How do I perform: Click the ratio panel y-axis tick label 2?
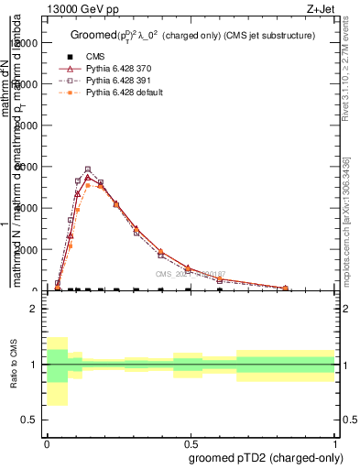coord(33,309)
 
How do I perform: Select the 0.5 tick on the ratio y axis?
coord(29,420)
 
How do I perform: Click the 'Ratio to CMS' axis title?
coord(12,365)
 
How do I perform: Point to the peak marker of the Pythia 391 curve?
coord(88,169)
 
